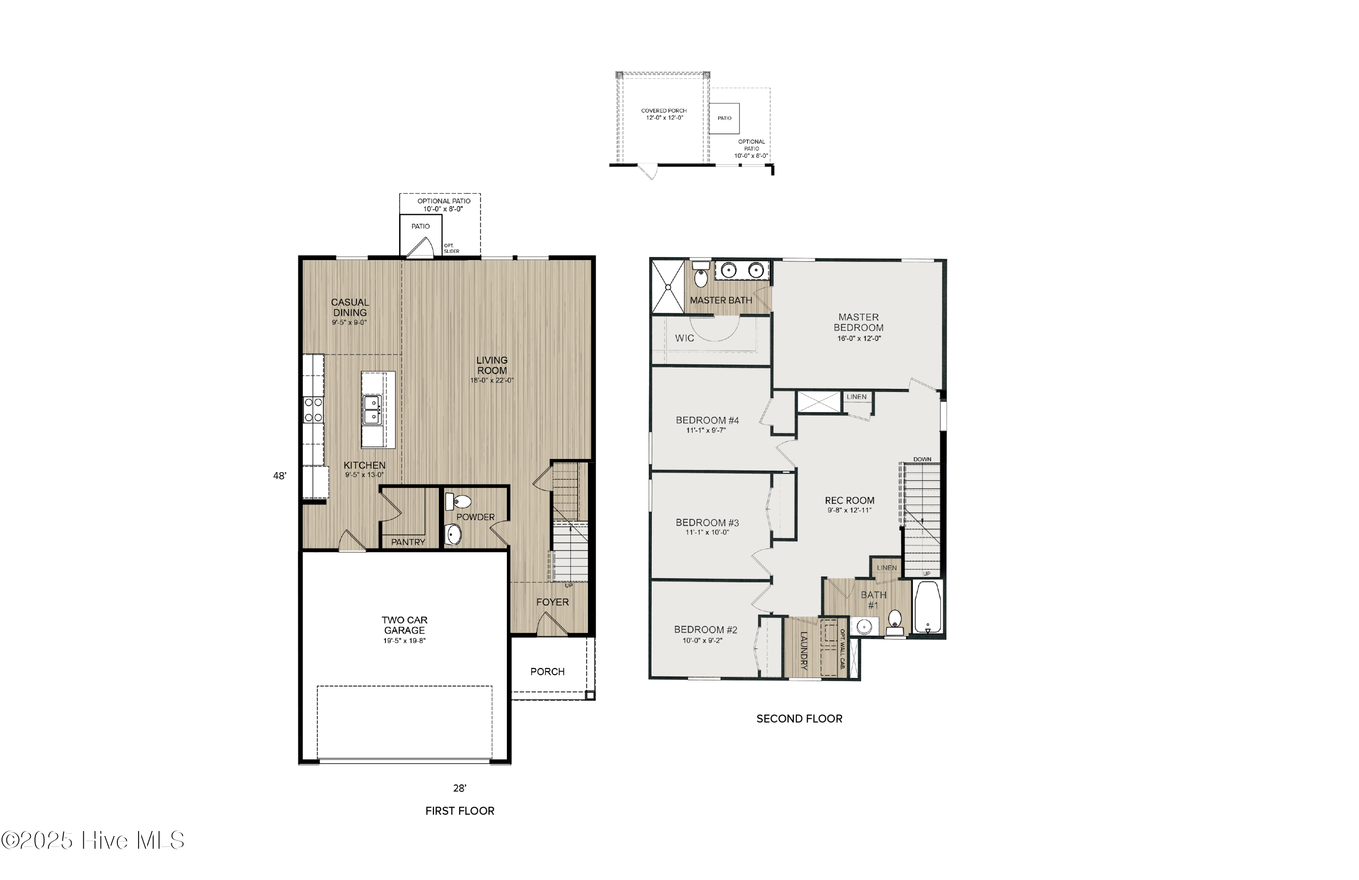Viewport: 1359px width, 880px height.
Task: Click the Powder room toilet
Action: [x=458, y=501]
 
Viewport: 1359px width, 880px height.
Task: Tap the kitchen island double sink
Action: [x=372, y=410]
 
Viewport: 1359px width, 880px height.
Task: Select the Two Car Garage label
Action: [x=404, y=625]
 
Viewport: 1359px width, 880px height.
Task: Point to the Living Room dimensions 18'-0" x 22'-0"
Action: [x=492, y=380]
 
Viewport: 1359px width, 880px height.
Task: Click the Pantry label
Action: [x=408, y=542]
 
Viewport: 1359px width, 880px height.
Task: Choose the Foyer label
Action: [x=552, y=602]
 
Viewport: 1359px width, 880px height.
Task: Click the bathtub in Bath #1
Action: [x=928, y=607]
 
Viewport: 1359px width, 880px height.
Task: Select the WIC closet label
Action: [x=684, y=338]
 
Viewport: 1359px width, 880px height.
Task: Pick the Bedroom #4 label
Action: [x=707, y=421]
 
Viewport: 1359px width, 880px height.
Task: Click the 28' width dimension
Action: [x=460, y=788]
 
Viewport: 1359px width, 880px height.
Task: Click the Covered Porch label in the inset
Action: [x=664, y=111]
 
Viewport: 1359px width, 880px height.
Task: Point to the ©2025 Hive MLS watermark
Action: [x=92, y=840]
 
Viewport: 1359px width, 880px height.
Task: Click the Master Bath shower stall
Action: [x=668, y=287]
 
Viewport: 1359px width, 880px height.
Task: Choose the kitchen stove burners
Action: [x=313, y=410]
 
